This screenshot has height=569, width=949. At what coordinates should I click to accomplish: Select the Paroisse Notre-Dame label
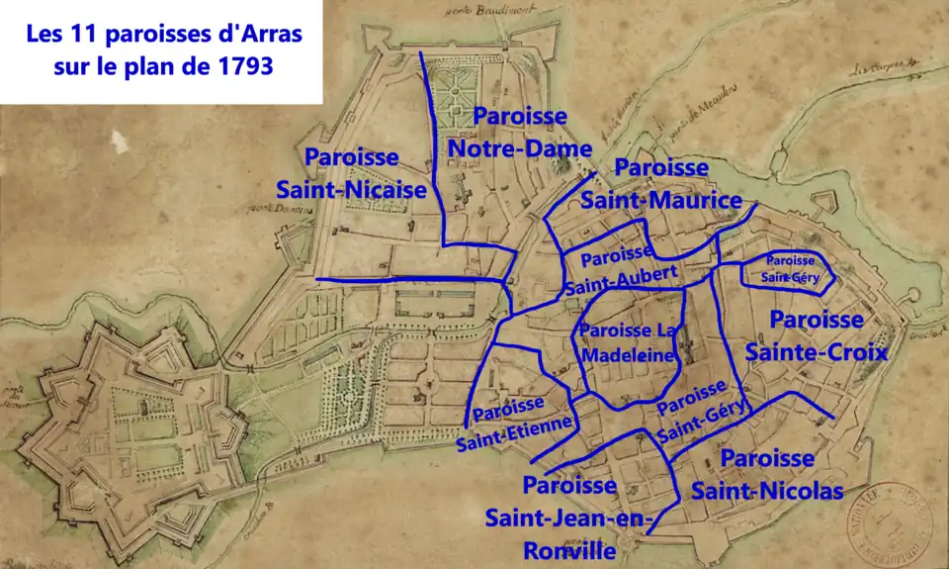[x=520, y=133]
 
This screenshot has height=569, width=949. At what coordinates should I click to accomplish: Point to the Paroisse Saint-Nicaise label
[x=351, y=173]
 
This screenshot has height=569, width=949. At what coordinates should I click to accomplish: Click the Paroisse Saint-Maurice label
[x=660, y=184]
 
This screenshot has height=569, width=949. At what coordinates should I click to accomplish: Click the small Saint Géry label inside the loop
[x=790, y=268]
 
